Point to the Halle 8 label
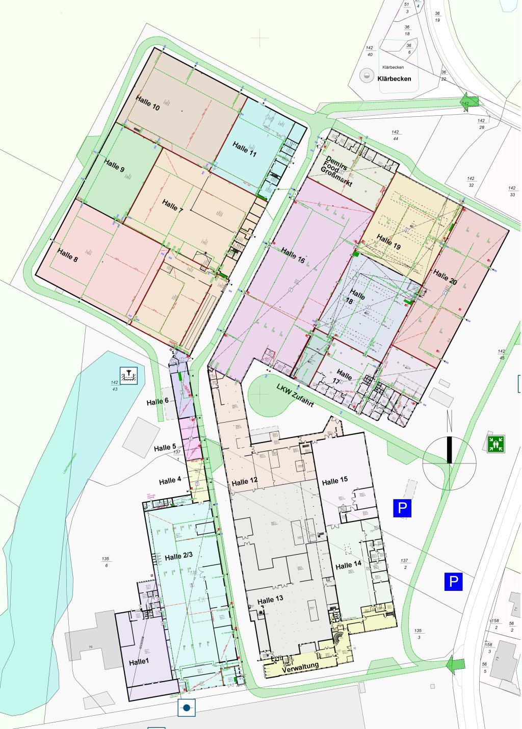point(67,255)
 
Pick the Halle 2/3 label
point(178,557)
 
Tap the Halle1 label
point(139,662)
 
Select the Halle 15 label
point(334,481)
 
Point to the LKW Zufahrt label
point(295,395)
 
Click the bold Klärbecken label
point(394,79)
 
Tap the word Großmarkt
point(336,176)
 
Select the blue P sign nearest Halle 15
point(402,508)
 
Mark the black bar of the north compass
point(449,450)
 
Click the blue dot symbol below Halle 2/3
point(187,708)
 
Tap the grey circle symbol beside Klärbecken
point(366,76)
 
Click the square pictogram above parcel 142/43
point(128,376)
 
